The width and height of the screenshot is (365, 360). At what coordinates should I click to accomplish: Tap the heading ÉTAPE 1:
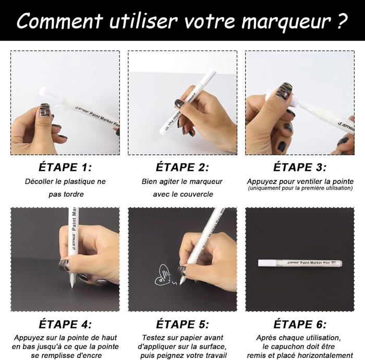65,167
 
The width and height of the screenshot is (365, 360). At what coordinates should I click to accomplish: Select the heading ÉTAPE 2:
182,167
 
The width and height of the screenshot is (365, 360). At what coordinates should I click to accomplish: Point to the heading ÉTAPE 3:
300,167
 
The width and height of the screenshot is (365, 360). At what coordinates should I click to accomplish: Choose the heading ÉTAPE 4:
65,324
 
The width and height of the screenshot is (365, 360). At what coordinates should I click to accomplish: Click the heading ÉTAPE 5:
182,324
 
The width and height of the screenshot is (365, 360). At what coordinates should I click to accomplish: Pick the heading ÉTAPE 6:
300,324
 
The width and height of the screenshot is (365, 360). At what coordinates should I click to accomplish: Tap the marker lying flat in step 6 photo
300,263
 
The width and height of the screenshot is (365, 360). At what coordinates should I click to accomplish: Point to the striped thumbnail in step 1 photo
45,110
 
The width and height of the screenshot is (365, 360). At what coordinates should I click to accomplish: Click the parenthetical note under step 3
300,188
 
